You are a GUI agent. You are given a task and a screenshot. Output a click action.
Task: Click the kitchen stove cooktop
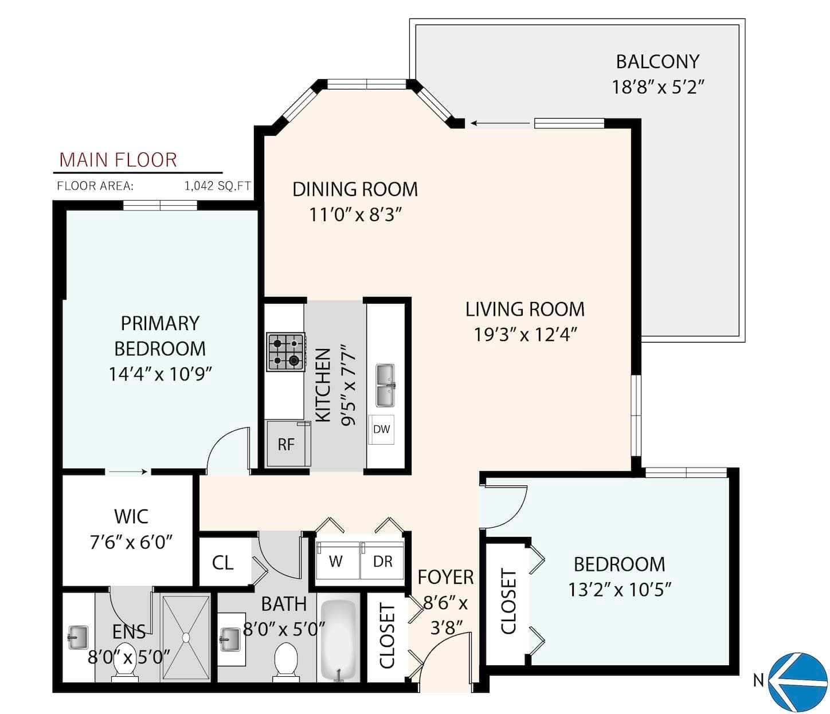tap(286, 352)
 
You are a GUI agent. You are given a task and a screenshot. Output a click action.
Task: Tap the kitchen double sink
tap(385, 385)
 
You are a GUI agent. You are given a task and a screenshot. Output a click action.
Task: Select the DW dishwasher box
tap(381, 429)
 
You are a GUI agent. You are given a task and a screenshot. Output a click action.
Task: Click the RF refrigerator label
tap(286, 445)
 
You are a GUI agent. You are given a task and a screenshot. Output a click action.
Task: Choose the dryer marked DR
tap(382, 560)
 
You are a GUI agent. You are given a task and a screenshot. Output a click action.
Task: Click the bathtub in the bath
tap(339, 640)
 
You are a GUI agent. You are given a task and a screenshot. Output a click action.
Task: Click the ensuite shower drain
tap(186, 637)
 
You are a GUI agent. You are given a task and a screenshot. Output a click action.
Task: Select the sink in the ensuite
tap(78, 637)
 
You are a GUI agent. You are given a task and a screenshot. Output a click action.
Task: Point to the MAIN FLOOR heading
tap(118, 160)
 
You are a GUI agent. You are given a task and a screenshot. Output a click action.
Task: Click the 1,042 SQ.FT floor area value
tap(218, 186)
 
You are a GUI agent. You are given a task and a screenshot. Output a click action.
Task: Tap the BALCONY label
tap(657, 61)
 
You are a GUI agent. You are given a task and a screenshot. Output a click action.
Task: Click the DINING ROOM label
tap(355, 190)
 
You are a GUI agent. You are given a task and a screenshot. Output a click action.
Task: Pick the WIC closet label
tap(131, 516)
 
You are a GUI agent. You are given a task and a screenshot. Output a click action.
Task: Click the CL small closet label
tap(222, 563)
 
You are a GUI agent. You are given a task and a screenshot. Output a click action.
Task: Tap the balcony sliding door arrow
tap(500, 123)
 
